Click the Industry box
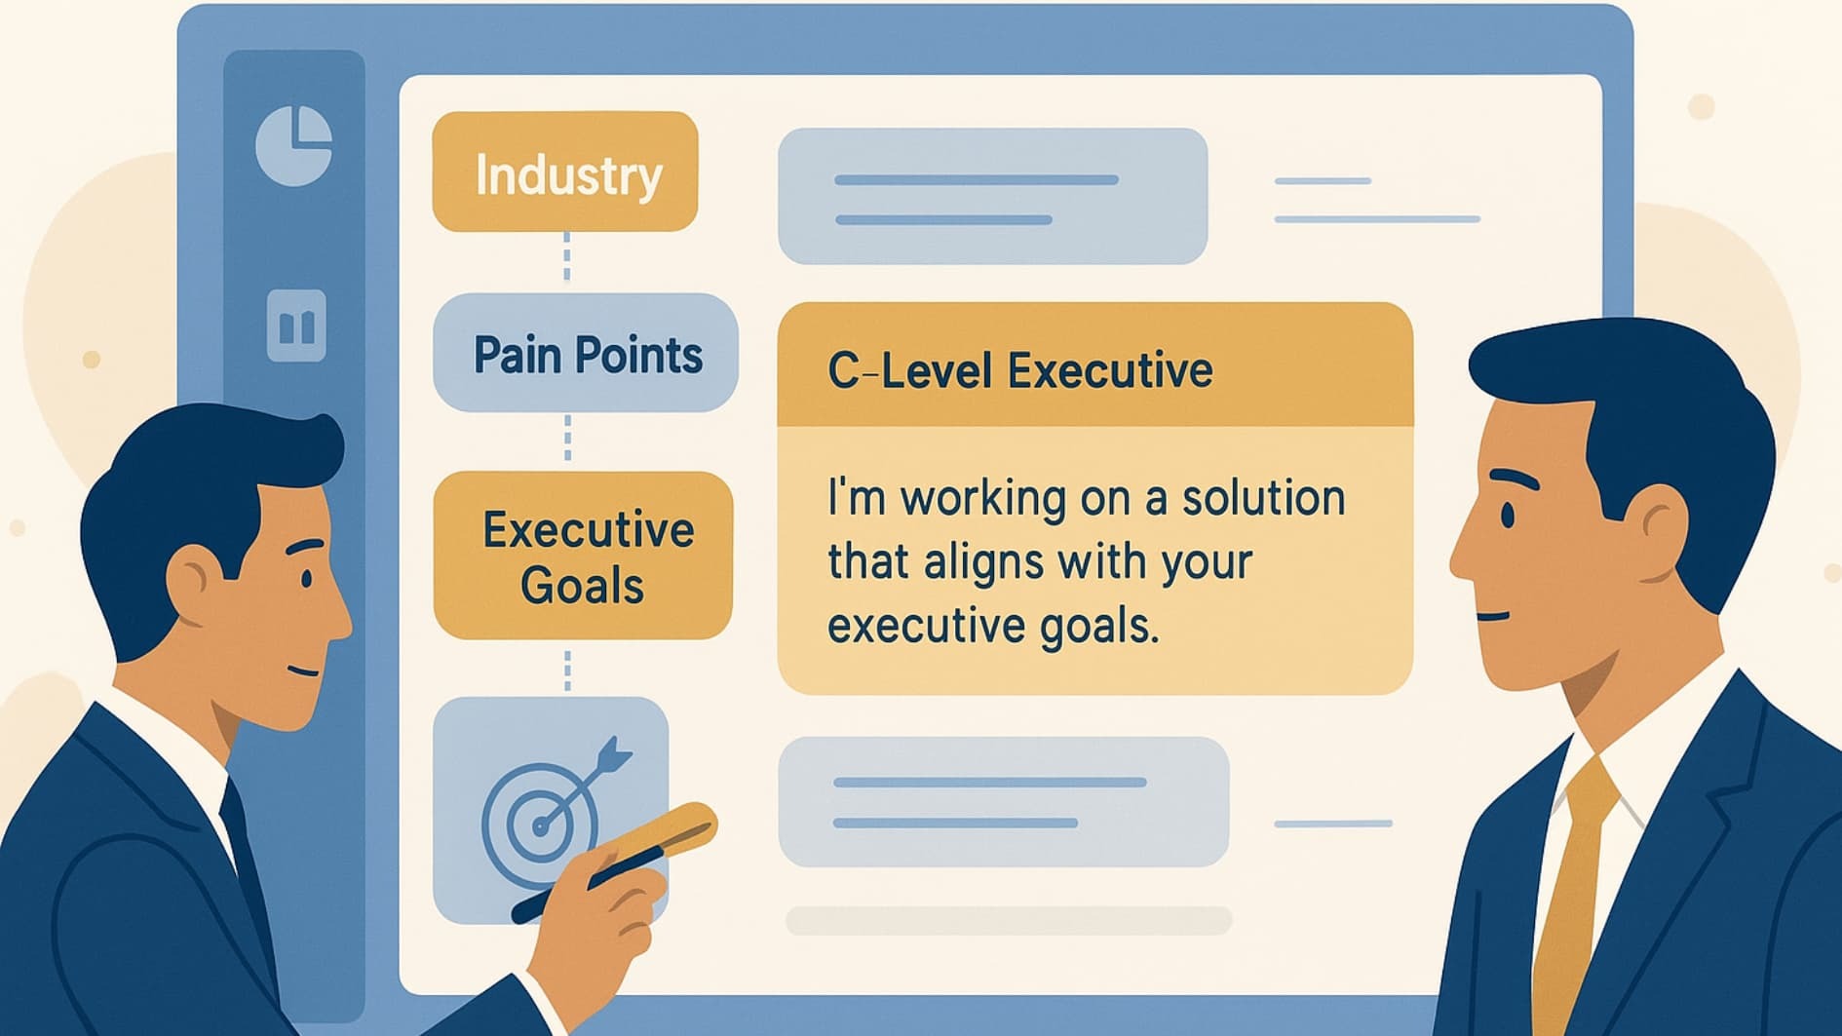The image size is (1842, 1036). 565,172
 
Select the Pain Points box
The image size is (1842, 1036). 586,353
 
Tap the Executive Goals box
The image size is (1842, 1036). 583,556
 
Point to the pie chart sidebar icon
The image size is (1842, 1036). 293,145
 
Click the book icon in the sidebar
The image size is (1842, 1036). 296,326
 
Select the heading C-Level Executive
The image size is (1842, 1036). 1019,370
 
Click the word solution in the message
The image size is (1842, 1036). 1263,498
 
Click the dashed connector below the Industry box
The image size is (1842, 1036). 567,257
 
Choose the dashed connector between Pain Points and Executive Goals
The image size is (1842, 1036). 567,439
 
